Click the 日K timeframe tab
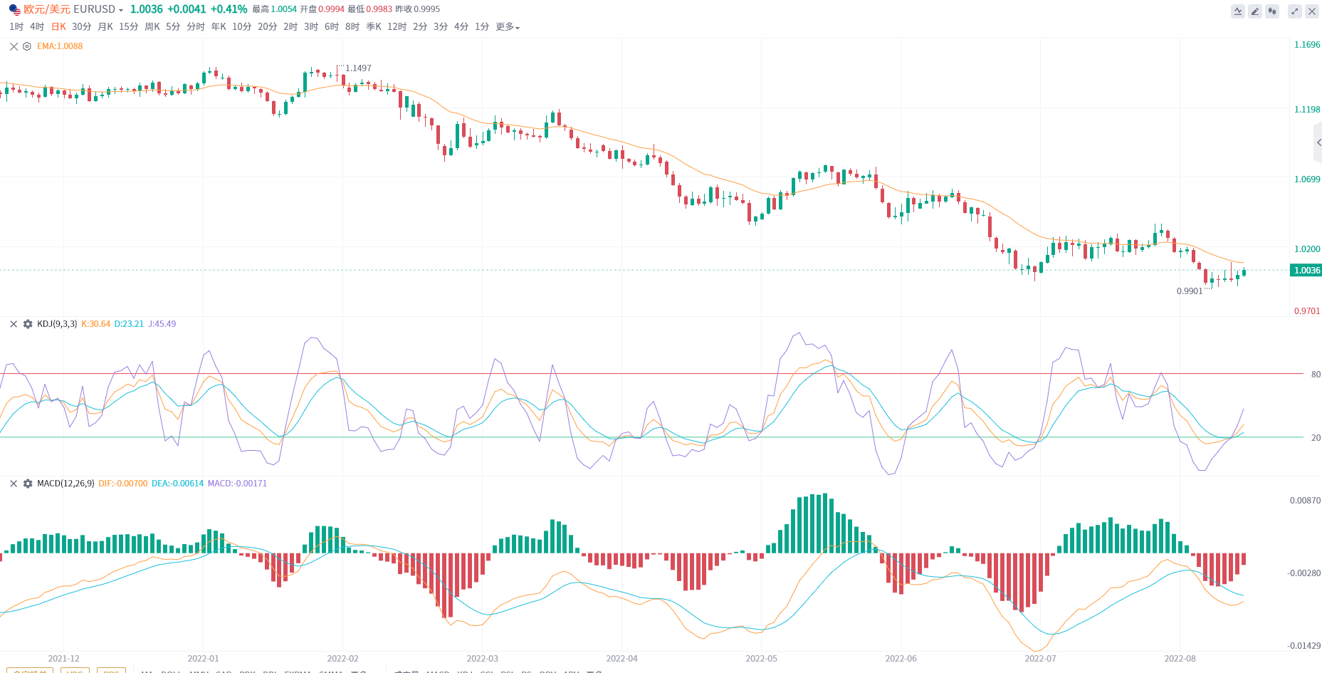(x=58, y=26)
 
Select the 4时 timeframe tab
(x=37, y=26)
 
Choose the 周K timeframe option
(x=152, y=26)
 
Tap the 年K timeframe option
(x=219, y=26)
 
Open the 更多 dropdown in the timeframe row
(x=508, y=26)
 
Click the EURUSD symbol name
(x=94, y=9)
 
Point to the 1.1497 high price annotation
(x=358, y=68)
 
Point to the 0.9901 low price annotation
(x=1189, y=291)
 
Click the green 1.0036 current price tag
(x=1306, y=271)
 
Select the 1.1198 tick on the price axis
(x=1306, y=110)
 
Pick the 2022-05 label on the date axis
(x=761, y=659)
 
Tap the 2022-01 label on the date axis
(x=203, y=659)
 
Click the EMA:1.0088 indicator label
(x=60, y=46)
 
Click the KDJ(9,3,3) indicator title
(x=57, y=324)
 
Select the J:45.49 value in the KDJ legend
(x=162, y=324)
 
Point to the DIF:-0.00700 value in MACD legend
(x=123, y=484)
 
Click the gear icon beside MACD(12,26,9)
(x=28, y=484)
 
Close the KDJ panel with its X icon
(x=14, y=324)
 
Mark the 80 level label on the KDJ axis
(x=1316, y=375)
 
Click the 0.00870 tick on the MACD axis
(x=1305, y=501)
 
